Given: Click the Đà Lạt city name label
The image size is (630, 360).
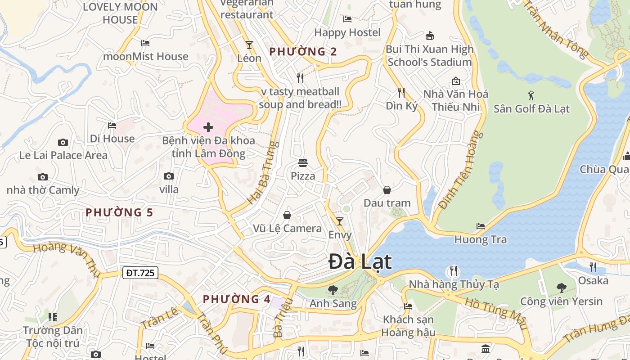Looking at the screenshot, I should [360, 262].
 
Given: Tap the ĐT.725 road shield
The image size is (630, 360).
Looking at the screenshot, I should [140, 272].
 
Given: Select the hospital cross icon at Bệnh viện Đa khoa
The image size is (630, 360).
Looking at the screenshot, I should [208, 127].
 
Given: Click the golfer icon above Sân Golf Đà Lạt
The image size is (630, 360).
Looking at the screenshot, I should [531, 95].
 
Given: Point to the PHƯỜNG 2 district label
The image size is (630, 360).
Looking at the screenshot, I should [303, 52].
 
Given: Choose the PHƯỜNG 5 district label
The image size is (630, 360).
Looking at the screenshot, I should [119, 212].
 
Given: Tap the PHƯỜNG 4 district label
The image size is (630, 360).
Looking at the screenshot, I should [237, 299].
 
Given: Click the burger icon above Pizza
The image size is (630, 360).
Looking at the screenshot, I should [303, 162].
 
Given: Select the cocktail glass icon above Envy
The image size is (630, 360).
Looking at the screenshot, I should [340, 221].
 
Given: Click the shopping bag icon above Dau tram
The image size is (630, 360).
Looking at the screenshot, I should [387, 190].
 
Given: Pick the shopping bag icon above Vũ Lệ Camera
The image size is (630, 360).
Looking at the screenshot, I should [287, 216].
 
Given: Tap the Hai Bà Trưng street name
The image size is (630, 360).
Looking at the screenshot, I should [263, 173].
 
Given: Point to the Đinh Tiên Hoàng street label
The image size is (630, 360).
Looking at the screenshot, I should [458, 170].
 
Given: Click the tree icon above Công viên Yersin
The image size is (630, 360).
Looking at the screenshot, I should [561, 288].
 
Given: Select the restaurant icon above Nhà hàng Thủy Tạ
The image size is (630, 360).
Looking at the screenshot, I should [453, 271].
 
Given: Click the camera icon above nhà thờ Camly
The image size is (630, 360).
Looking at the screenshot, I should [43, 177].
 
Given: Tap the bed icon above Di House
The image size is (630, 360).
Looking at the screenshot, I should [112, 125].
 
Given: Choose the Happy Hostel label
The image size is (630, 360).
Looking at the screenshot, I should [347, 32].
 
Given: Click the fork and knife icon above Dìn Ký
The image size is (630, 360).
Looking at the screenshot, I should [401, 93].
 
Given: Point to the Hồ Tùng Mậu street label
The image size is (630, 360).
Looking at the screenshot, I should [495, 313].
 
